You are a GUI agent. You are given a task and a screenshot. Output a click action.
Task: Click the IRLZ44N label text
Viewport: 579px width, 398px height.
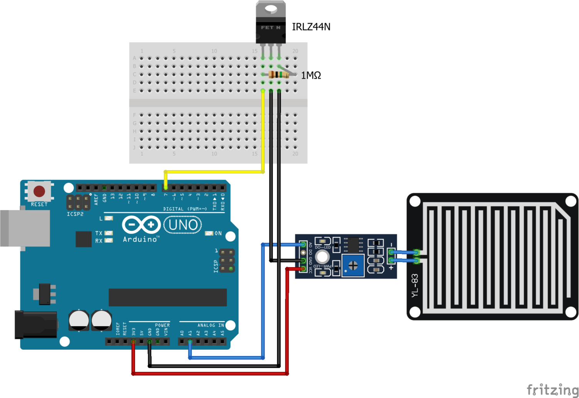[x=311, y=27]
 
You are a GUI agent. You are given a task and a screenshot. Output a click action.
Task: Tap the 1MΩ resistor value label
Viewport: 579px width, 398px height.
[x=311, y=75]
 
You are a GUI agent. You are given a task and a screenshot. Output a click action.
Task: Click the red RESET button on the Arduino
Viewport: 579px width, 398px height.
[x=39, y=191]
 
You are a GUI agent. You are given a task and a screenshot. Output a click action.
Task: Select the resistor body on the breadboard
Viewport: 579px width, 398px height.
[x=278, y=75]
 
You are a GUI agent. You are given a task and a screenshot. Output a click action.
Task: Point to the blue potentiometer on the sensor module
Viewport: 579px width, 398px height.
[x=353, y=265]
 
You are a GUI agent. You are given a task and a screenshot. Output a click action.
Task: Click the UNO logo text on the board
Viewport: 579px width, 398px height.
[x=183, y=225]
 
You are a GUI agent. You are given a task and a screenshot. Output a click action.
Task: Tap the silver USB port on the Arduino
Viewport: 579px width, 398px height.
[x=25, y=228]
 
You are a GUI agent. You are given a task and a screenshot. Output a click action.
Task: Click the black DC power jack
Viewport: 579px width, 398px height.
[x=36, y=325]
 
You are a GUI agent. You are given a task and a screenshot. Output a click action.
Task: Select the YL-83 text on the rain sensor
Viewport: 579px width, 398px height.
[x=415, y=286]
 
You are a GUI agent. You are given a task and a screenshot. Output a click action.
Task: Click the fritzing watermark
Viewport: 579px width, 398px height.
[x=552, y=390]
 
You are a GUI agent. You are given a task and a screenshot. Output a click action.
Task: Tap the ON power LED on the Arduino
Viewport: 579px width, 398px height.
[x=209, y=234]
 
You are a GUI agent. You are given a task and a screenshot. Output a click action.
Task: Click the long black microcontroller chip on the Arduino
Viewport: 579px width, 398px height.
[x=168, y=297]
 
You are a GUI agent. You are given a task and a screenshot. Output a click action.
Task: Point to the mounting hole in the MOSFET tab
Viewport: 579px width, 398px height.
[x=271, y=8]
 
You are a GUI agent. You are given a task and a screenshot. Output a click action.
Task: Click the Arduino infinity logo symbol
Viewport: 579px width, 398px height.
[x=141, y=225]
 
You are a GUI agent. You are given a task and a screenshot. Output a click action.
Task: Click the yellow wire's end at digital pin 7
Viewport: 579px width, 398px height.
[x=166, y=188]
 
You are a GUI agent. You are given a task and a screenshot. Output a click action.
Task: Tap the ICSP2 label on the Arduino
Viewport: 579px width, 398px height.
[x=75, y=214]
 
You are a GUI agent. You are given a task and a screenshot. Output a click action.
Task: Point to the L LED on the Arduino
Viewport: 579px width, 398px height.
[x=109, y=218]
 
